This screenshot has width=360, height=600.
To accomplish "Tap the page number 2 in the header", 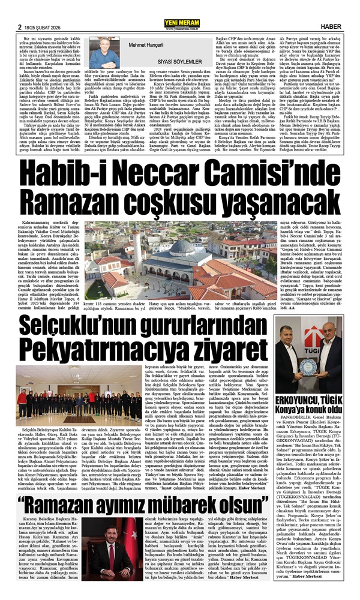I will coord(20,10).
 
